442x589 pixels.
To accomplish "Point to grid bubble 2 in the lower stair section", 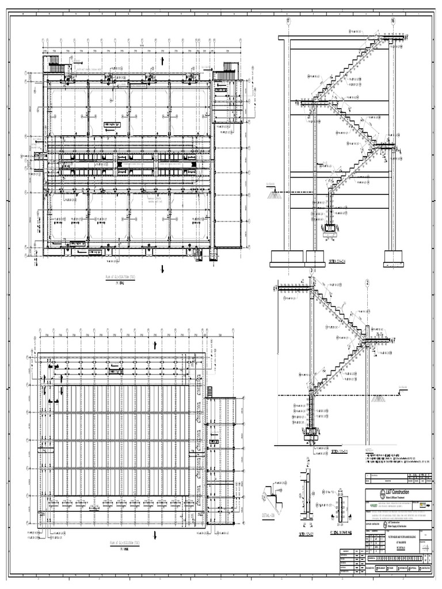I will (x=366, y=282).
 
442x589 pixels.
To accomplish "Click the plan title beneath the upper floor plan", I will (x=115, y=277).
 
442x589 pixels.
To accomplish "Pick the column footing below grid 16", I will (x=394, y=257).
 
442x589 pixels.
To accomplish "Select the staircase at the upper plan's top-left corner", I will (x=58, y=68).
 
